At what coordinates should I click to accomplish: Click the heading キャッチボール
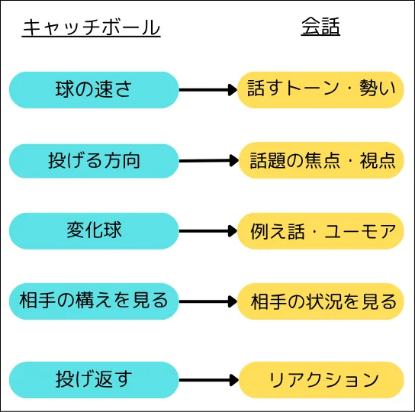click(92, 27)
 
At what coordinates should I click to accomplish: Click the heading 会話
click(320, 27)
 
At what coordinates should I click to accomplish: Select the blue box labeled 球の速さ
click(94, 90)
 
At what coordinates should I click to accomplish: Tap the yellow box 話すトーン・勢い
click(320, 90)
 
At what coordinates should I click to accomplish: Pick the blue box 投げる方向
click(94, 161)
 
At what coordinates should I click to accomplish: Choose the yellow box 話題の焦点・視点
click(321, 160)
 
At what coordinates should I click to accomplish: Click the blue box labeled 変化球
click(94, 231)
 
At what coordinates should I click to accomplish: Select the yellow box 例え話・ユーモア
click(320, 231)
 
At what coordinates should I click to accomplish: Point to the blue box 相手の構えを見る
click(94, 301)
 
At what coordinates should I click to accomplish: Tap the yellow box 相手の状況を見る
click(320, 301)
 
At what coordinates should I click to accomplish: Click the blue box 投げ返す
click(94, 380)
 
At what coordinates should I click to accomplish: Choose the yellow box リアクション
click(321, 380)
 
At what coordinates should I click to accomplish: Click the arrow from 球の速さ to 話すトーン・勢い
click(208, 90)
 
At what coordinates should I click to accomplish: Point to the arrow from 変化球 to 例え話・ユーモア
click(208, 231)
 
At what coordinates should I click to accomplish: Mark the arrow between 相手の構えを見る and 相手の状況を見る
click(208, 301)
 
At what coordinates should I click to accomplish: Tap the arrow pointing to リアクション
click(209, 380)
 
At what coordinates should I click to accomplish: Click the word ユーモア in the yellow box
click(360, 231)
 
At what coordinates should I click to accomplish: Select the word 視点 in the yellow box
click(378, 160)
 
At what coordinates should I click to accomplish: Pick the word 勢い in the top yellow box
click(378, 89)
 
